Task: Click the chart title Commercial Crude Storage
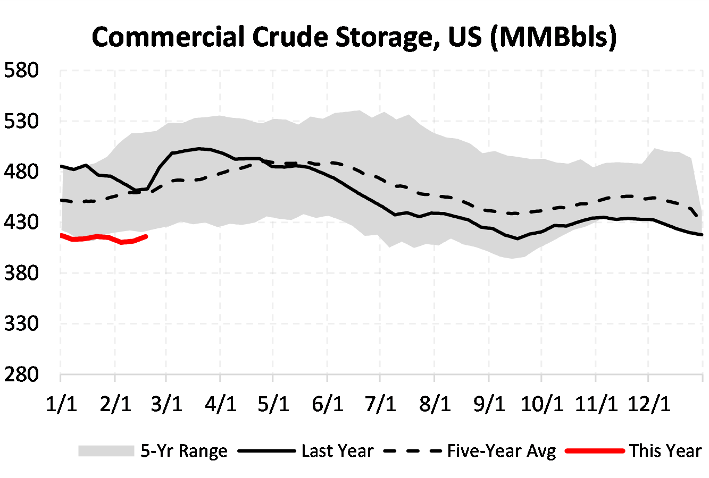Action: [354, 37]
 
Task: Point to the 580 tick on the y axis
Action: [21, 71]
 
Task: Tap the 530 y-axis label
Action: [21, 121]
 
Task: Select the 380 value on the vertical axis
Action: [21, 273]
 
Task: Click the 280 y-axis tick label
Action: [21, 374]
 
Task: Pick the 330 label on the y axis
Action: [21, 323]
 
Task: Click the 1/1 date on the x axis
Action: [61, 405]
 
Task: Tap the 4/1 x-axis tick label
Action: [220, 405]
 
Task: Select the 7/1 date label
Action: [380, 405]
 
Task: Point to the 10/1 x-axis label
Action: [541, 405]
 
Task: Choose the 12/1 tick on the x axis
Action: [648, 405]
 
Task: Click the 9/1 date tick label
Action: [488, 405]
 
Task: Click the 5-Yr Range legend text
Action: [184, 451]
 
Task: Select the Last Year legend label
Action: [337, 451]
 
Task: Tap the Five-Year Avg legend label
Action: [501, 451]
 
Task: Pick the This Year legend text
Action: [665, 451]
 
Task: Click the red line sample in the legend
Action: [594, 451]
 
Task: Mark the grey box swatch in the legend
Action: [106, 451]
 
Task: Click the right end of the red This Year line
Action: [146, 236]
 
